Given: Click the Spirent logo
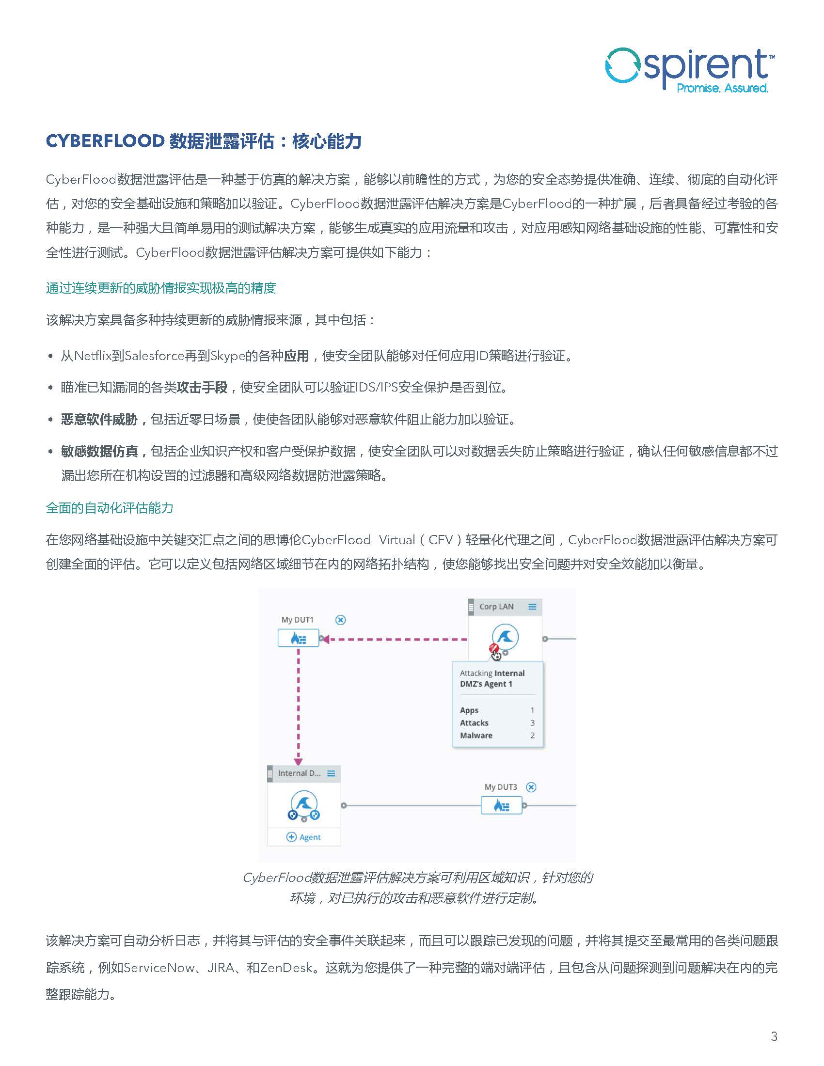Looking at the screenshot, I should pos(688,71).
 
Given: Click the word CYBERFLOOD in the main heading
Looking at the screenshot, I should pos(105,141).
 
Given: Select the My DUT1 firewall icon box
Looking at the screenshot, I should pos(298,638).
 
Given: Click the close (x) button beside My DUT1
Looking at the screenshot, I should pos(341,620).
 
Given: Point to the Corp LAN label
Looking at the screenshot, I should pos(496,607).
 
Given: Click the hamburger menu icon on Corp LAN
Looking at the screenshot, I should pos(533,607).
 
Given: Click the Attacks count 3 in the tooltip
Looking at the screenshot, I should pos(532,723).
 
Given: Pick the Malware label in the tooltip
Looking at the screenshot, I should pos(476,736).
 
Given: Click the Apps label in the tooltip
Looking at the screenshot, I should pos(469,710).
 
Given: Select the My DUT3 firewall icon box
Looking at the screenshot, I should pos(501,805).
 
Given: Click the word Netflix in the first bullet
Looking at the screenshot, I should pos(93,356).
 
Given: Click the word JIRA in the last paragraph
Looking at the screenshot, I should pos(221,968).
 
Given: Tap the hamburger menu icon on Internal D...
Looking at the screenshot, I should pos(332,774).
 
